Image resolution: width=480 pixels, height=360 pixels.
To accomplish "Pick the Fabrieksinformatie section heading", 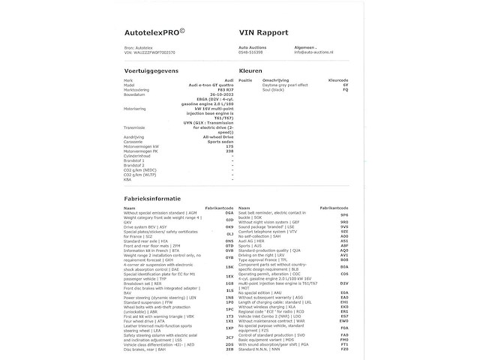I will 155,196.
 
